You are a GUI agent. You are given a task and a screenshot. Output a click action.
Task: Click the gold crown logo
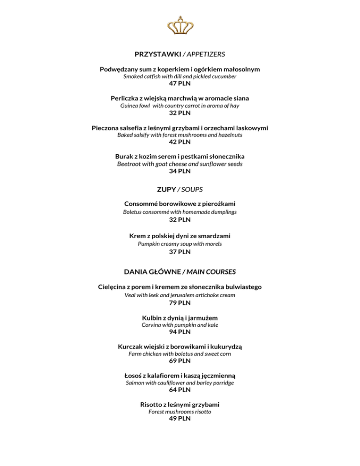click(x=180, y=27)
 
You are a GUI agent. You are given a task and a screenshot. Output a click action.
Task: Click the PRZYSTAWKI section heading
click(x=154, y=54)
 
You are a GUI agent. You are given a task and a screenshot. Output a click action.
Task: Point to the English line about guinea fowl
click(x=180, y=106)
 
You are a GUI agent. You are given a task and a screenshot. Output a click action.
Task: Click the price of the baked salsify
click(x=180, y=142)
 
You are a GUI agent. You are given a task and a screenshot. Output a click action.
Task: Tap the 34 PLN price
click(x=180, y=171)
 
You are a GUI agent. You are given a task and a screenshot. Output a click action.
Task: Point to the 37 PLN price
click(x=180, y=252)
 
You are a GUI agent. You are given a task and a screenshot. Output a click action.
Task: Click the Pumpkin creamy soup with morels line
click(x=180, y=244)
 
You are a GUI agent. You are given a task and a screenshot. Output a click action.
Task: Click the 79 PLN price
click(x=180, y=303)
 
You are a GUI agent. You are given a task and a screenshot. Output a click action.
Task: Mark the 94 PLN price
click(x=180, y=332)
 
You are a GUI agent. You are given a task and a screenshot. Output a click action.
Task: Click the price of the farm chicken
click(x=180, y=361)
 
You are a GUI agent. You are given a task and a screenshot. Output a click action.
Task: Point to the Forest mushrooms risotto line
click(x=180, y=412)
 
